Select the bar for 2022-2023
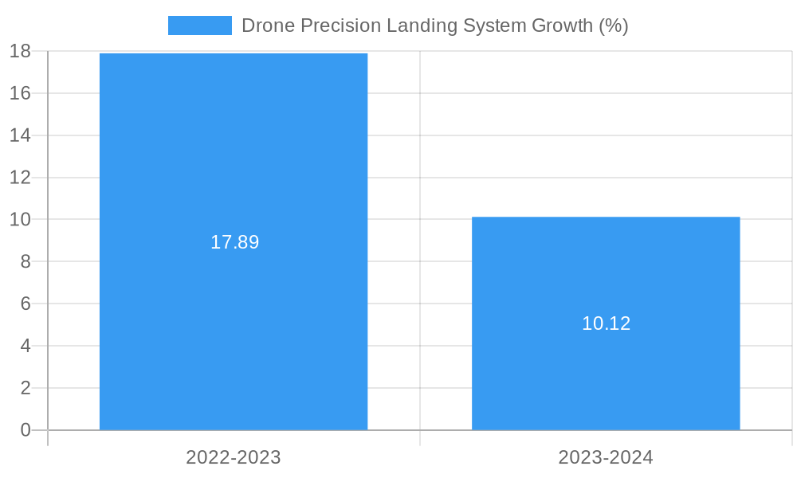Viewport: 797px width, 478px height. click(234, 159)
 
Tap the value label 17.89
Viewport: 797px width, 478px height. click(234, 242)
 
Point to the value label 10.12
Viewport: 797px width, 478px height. click(606, 323)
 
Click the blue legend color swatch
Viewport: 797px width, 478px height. click(199, 25)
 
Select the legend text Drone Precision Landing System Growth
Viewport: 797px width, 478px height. click(434, 25)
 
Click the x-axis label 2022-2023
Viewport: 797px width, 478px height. click(234, 457)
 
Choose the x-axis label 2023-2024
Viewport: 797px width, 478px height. click(606, 457)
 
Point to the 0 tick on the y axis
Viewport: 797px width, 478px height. click(25, 430)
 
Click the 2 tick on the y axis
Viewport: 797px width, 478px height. click(25, 388)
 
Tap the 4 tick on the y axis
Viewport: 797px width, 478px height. click(25, 346)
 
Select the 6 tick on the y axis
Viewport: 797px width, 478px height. click(25, 304)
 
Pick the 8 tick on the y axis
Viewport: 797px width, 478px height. click(25, 261)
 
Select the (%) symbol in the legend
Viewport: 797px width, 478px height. click(614, 25)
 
